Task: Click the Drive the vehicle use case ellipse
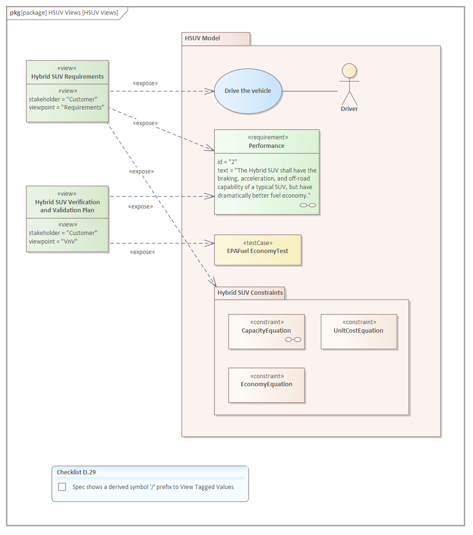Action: pyautogui.click(x=248, y=91)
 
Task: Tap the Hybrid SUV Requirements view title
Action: pyautogui.click(x=67, y=76)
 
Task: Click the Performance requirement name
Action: pyautogui.click(x=266, y=146)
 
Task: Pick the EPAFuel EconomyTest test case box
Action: pyautogui.click(x=257, y=250)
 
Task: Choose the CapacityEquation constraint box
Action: pyautogui.click(x=266, y=331)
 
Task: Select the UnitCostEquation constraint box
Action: pyautogui.click(x=359, y=331)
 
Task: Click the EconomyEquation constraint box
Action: pyautogui.click(x=266, y=385)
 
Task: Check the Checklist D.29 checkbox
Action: pyautogui.click(x=62, y=487)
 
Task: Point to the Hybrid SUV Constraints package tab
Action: pyautogui.click(x=250, y=293)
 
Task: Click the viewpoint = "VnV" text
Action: pyautogui.click(x=53, y=241)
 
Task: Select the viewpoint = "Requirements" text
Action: pyautogui.click(x=66, y=108)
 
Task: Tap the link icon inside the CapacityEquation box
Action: pyautogui.click(x=293, y=339)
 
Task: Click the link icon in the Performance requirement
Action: pyautogui.click(x=308, y=205)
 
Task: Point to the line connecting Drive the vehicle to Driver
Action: pyautogui.click(x=310, y=91)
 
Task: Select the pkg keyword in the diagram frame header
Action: pyautogui.click(x=15, y=13)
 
